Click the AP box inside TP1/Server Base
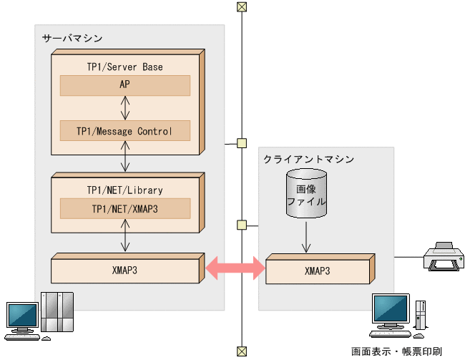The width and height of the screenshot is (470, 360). (124, 85)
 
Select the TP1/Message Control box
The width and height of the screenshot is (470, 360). (124, 131)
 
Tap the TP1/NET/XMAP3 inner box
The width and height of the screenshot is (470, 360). (124, 208)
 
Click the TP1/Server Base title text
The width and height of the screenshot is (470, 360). (124, 67)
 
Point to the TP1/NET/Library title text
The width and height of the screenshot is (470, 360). (124, 190)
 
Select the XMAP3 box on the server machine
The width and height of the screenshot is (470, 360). (124, 271)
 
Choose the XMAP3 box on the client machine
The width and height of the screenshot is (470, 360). (317, 271)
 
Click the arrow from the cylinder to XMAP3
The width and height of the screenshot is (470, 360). (306, 237)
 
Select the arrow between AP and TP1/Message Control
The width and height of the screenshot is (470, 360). (125, 108)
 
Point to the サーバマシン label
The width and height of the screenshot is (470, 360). (72, 38)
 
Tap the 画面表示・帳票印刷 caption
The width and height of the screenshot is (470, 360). (396, 351)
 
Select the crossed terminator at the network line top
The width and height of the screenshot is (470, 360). (242, 7)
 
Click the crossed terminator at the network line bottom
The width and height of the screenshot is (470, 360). (242, 351)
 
